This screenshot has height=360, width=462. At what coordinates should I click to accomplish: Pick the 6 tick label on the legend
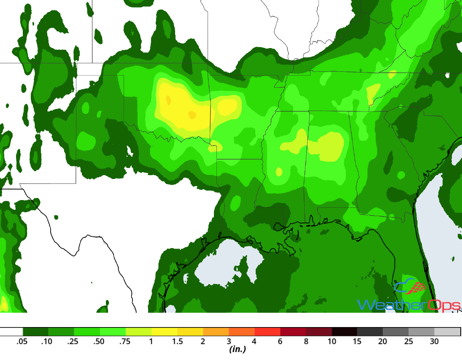click(x=280, y=341)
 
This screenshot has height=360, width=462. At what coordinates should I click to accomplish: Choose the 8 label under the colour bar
click(x=306, y=341)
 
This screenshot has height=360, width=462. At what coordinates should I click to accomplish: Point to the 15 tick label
click(x=357, y=341)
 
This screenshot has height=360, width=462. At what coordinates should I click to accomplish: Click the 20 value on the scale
click(x=383, y=341)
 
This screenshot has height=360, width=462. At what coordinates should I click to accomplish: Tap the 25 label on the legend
click(x=408, y=341)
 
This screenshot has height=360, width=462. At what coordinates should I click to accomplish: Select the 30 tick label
click(x=434, y=341)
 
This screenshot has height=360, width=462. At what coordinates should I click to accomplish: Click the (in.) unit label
click(x=238, y=349)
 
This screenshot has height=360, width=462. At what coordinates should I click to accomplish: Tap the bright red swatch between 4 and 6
click(x=267, y=332)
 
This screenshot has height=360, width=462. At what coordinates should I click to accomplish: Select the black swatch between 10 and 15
click(x=344, y=332)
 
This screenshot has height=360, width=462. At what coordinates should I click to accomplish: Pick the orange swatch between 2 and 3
click(x=216, y=332)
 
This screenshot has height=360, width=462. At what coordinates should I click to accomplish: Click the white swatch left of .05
click(x=11, y=332)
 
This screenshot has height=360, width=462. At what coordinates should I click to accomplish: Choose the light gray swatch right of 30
click(x=447, y=332)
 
